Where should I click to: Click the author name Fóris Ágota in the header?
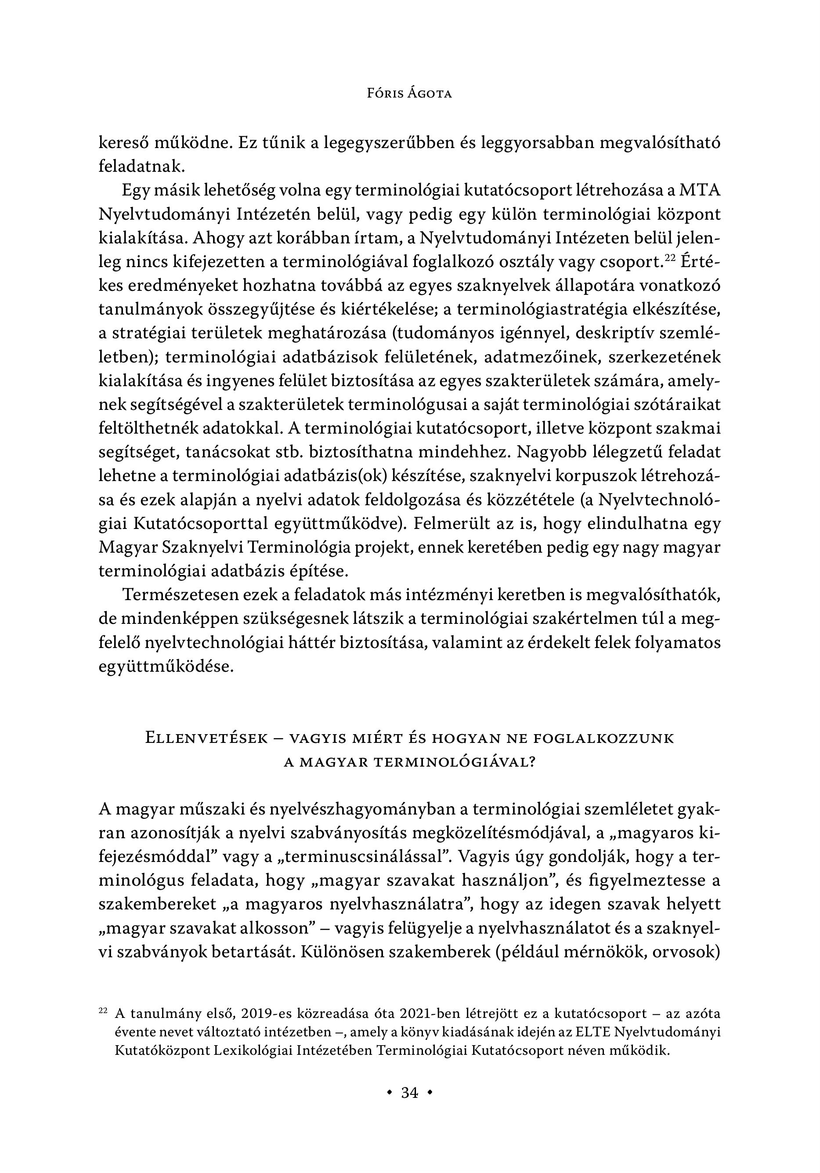[410, 94]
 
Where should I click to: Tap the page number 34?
[410, 1092]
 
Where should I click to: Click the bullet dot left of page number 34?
[390, 1092]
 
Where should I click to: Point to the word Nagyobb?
[544, 452]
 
